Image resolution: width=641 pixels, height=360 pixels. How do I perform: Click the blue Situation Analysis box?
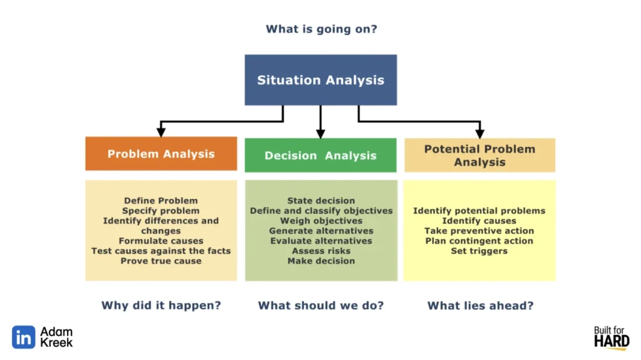320,80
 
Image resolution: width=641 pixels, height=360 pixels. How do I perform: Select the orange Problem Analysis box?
161,154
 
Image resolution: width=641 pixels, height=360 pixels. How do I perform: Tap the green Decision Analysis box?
320,155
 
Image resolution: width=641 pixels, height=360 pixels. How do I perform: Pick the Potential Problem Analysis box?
479,155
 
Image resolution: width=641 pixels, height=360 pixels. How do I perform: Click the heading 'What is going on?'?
321,29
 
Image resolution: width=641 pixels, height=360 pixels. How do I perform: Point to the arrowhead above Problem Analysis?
161,132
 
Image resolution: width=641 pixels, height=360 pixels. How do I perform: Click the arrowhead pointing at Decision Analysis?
320,133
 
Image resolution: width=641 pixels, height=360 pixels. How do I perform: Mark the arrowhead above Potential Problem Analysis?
479,133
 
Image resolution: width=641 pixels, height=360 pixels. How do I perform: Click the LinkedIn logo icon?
24,337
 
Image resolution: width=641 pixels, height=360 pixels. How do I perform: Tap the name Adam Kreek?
56,337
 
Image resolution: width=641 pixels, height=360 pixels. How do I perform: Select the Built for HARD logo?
611,337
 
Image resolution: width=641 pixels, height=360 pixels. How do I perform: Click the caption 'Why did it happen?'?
161,306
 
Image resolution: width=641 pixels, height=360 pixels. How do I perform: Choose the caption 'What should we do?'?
320,306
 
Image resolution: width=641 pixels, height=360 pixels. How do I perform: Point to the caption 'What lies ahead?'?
479,306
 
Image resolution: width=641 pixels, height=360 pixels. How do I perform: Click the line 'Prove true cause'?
161,260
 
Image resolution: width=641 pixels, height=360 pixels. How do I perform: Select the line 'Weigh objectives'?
321,220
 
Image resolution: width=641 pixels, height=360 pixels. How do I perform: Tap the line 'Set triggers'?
479,250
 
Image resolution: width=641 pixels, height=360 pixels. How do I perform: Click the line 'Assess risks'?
321,250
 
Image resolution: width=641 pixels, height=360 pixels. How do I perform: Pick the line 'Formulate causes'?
161,240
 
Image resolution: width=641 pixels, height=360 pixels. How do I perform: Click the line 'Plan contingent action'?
479,240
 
